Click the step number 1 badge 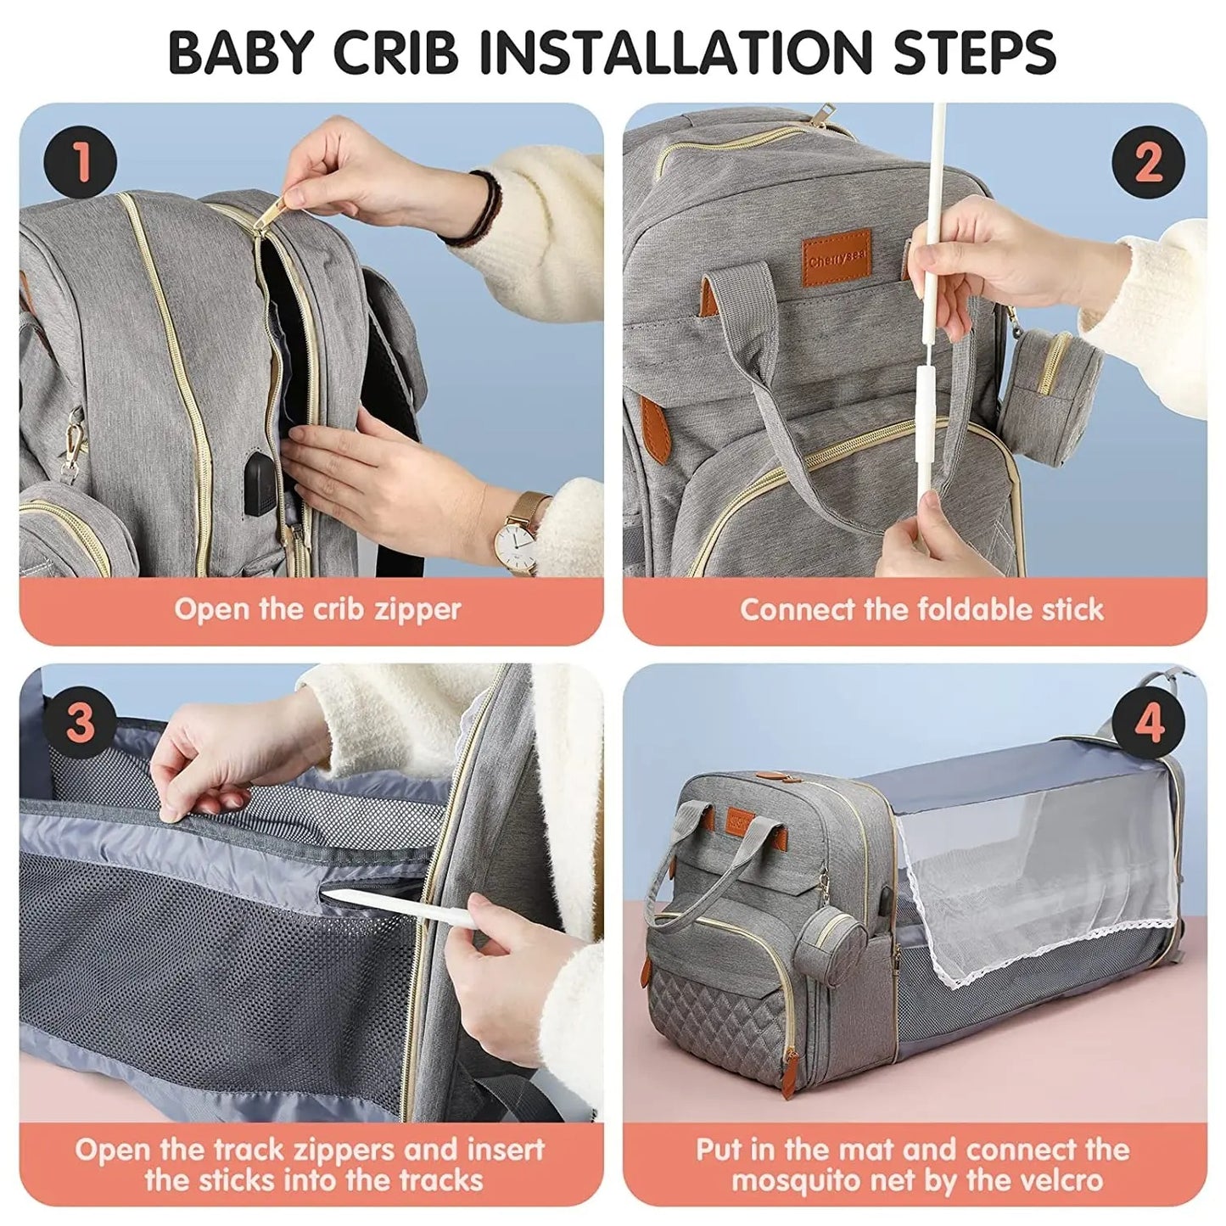(81, 161)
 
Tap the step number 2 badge (1148, 161)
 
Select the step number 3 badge (81, 722)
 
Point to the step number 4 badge (1148, 722)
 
